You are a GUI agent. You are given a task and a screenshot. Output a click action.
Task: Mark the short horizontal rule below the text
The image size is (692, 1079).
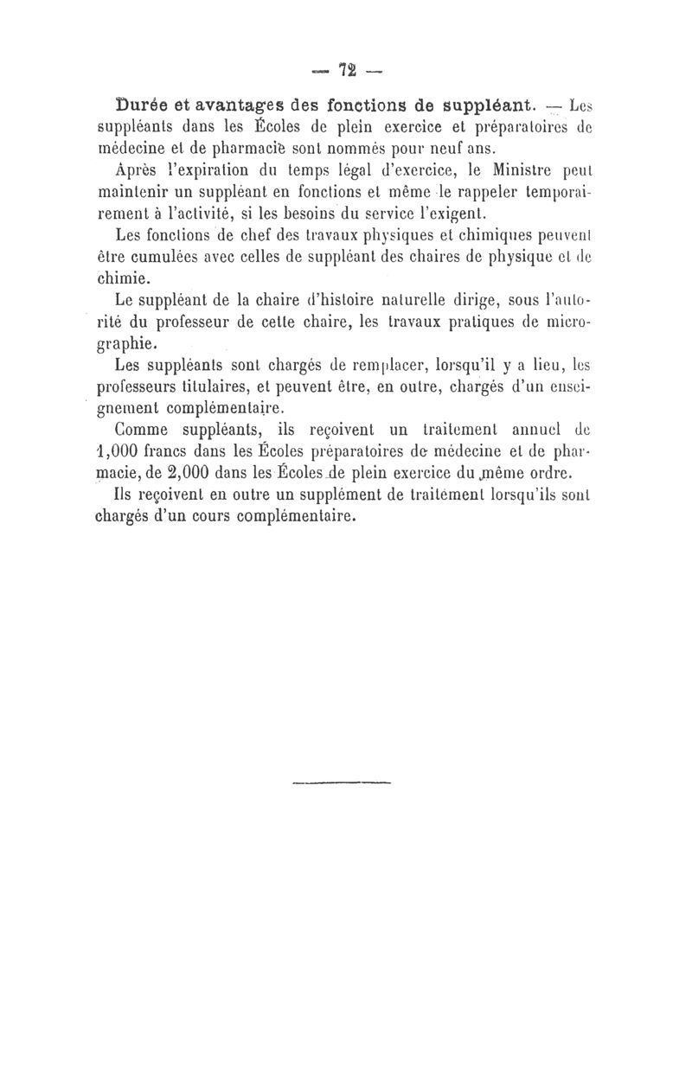pos(343,783)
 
